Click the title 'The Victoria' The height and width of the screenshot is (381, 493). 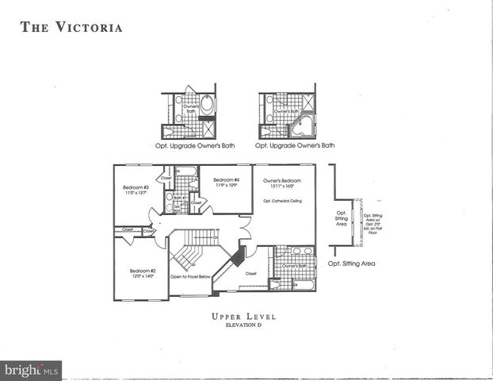point(71,28)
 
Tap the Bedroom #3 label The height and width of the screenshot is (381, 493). point(131,187)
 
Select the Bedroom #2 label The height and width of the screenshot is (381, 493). point(143,271)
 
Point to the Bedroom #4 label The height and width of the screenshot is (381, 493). point(226,181)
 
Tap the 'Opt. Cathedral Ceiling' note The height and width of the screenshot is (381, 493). point(284,201)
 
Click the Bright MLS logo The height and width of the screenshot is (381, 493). point(32,371)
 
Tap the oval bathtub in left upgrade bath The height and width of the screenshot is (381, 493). point(207,103)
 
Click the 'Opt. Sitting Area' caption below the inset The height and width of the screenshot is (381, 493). point(351,263)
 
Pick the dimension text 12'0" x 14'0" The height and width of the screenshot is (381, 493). point(143,276)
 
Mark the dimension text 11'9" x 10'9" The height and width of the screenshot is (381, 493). point(226,187)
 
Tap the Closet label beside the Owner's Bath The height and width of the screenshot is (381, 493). point(251,273)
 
